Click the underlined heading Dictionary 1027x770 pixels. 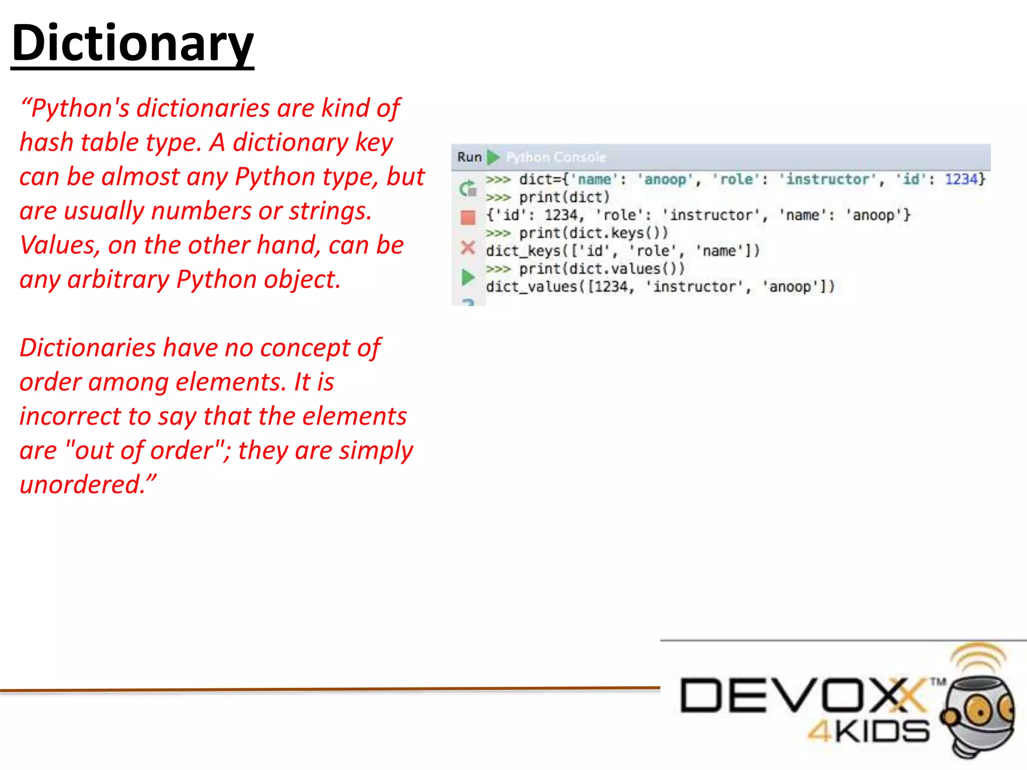(132, 44)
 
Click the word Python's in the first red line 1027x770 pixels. (80, 108)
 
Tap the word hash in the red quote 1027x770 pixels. (46, 142)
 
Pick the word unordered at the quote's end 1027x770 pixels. (82, 485)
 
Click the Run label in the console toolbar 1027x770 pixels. (469, 157)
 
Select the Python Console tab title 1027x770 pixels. (556, 157)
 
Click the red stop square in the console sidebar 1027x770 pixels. (468, 218)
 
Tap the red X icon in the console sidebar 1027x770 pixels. (468, 248)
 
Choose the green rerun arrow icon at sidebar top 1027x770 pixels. (467, 188)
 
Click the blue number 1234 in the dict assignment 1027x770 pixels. (961, 179)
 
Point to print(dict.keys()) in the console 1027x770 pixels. (593, 233)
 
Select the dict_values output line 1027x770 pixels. (660, 287)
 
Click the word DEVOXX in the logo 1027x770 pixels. (802, 695)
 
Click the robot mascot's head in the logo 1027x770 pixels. (978, 707)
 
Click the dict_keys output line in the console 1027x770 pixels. (622, 251)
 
